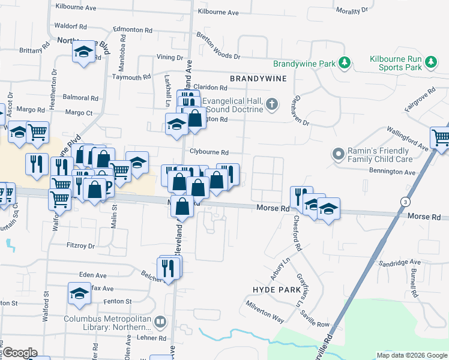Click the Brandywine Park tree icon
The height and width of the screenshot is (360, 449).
(x=345, y=62)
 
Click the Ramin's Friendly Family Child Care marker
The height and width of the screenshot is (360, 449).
(x=339, y=155)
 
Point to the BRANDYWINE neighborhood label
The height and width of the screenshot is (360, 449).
(x=258, y=79)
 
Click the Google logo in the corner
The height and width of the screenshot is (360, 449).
(x=19, y=353)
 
